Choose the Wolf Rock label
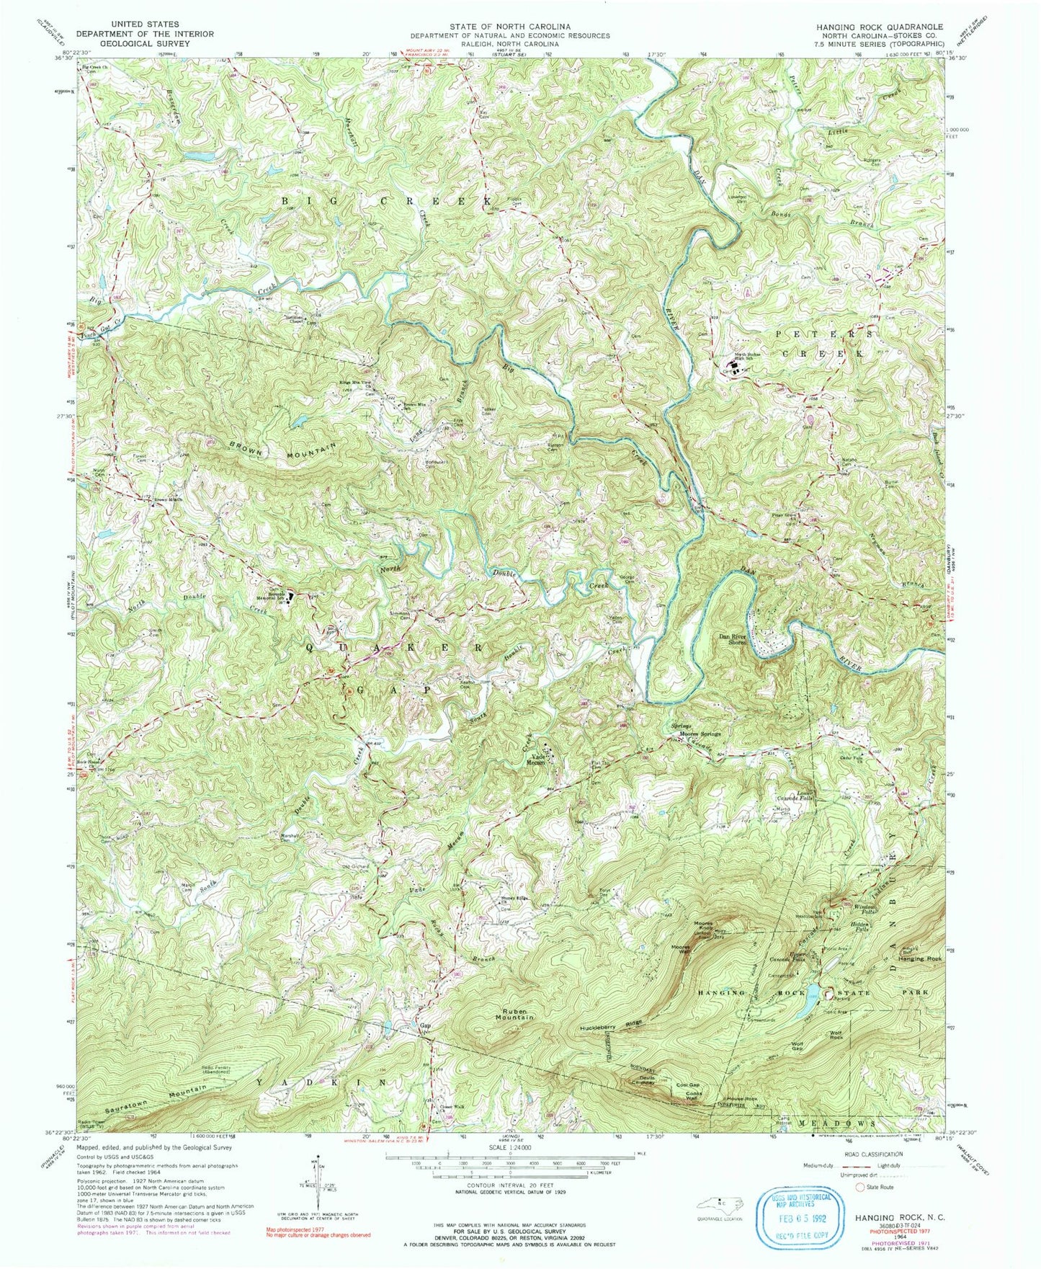(837, 1036)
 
